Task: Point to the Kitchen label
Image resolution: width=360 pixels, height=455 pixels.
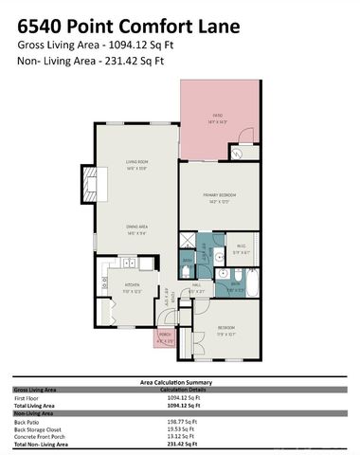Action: pos(133,286)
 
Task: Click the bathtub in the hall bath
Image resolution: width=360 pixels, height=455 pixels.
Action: pos(248,283)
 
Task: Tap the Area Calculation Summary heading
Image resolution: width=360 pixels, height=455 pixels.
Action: pos(180,381)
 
